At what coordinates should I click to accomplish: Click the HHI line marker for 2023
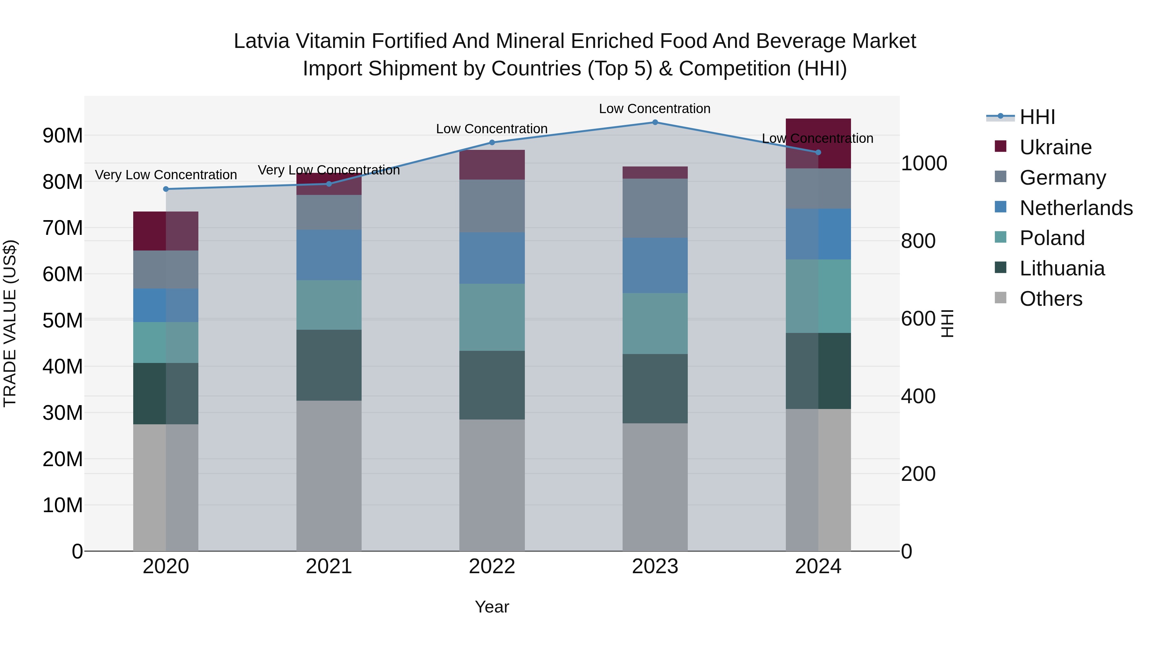(x=655, y=122)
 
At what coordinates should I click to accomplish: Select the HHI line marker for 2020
(x=166, y=189)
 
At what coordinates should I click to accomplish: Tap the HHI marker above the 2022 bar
(x=492, y=142)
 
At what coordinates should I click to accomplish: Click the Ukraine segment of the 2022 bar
(x=492, y=165)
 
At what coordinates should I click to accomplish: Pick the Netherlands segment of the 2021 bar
(x=329, y=255)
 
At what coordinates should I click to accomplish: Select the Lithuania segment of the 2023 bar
(x=655, y=389)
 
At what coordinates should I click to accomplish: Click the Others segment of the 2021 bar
(x=329, y=475)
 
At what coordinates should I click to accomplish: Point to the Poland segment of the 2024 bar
(x=818, y=296)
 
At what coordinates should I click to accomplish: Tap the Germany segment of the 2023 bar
(x=655, y=208)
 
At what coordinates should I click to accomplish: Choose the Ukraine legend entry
(x=1055, y=147)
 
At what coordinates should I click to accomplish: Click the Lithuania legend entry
(x=1062, y=268)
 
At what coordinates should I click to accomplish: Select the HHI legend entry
(x=1037, y=117)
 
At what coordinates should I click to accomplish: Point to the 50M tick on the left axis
(x=63, y=320)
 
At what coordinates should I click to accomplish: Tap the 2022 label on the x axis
(x=492, y=566)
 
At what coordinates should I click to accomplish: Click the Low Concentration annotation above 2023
(x=655, y=109)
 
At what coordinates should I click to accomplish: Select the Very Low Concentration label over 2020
(x=166, y=174)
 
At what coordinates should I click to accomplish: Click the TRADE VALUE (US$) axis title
(x=10, y=323)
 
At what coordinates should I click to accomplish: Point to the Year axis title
(x=492, y=607)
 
